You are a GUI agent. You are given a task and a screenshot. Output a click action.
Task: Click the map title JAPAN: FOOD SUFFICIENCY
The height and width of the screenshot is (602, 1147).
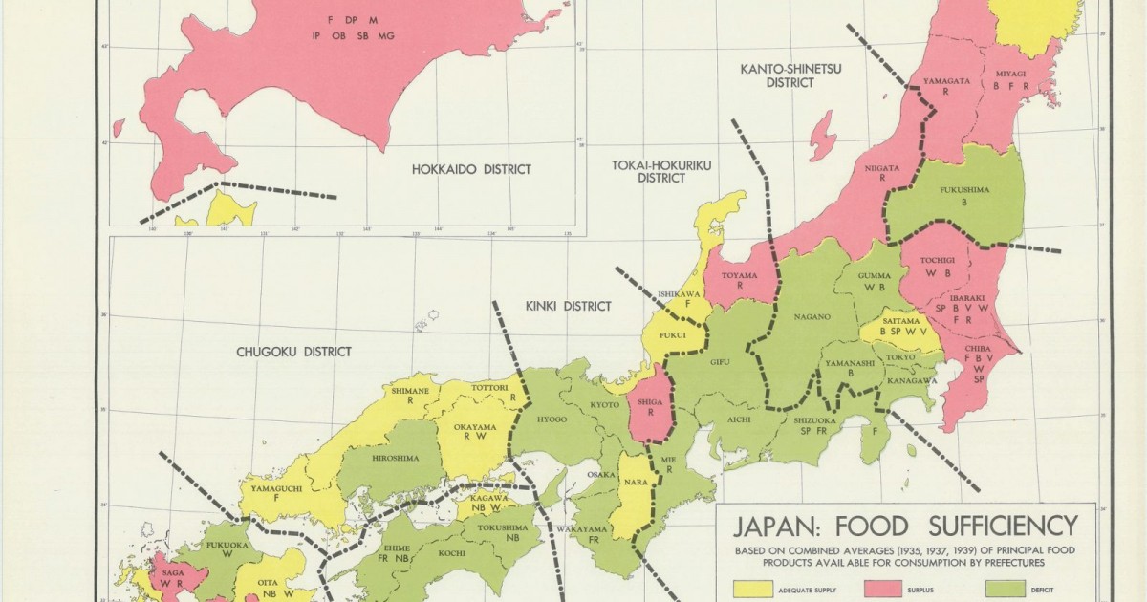click(x=905, y=527)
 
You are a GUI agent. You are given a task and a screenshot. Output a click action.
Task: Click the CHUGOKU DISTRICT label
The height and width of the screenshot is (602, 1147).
click(x=293, y=352)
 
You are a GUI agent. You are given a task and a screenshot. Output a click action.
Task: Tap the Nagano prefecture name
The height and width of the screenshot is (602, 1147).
click(x=810, y=316)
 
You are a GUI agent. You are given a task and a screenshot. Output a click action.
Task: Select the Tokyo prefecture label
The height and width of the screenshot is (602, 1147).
click(x=900, y=357)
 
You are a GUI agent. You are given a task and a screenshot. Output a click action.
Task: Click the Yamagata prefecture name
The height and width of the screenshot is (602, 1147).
click(x=945, y=81)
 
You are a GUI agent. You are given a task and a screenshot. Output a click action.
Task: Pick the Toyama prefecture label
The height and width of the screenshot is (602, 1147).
click(x=738, y=275)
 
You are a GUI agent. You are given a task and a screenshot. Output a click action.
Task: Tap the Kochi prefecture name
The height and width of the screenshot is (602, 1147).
click(x=452, y=553)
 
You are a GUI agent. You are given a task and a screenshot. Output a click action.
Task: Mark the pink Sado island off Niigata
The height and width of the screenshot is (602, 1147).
click(x=821, y=135)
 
